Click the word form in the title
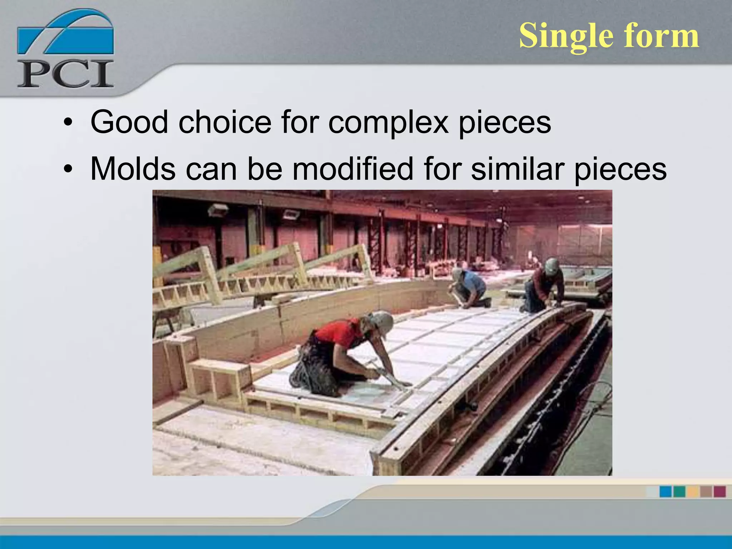click(661, 36)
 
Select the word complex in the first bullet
click(388, 123)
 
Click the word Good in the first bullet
click(129, 122)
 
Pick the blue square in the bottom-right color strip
click(665, 491)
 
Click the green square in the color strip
click(679, 491)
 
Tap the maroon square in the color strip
click(719, 491)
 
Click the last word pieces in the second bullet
click(620, 170)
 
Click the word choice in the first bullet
click(224, 122)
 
